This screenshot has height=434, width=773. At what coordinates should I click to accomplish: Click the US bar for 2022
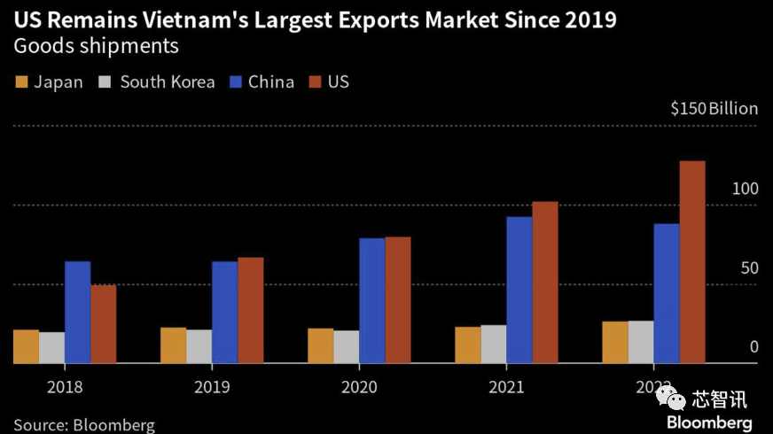[691, 262]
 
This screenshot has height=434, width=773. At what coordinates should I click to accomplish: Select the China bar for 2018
[78, 312]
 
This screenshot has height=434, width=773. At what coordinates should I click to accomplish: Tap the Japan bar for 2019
[173, 345]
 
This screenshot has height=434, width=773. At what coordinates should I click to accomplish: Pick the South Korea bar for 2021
[494, 344]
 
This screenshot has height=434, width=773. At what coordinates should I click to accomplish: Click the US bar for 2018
[104, 324]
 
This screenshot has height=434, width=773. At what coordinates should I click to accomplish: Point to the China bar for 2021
[519, 290]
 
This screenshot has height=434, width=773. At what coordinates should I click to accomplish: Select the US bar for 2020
[398, 300]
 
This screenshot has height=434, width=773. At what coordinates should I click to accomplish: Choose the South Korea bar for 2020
[347, 346]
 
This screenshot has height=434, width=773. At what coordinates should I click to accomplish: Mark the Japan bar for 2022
[614, 342]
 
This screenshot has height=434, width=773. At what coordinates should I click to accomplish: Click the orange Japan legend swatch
[21, 82]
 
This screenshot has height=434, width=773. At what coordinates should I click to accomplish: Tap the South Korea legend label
[167, 82]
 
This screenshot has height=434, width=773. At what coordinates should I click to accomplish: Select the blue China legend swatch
[236, 82]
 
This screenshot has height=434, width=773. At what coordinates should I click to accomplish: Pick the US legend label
[339, 82]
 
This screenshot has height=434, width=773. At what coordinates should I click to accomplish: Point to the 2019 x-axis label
[212, 387]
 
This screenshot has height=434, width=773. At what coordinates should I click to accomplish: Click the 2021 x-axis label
[506, 387]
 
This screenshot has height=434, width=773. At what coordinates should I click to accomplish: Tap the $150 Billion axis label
[714, 109]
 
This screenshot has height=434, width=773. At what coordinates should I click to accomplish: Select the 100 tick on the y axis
[746, 190]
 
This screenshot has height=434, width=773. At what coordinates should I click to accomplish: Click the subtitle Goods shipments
[96, 46]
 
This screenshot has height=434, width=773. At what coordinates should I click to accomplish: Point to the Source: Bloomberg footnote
[84, 425]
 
